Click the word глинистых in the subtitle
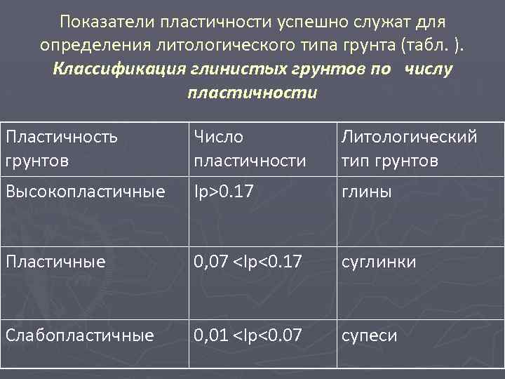point(241,69)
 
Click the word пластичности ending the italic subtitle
point(252,93)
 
